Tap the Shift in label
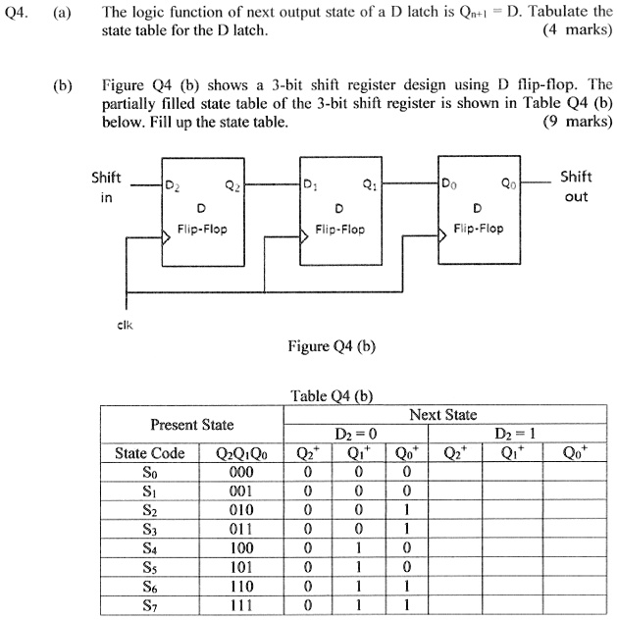click(106, 186)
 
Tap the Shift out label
click(576, 185)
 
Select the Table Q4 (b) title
click(332, 396)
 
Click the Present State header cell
click(191, 424)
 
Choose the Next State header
click(443, 415)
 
